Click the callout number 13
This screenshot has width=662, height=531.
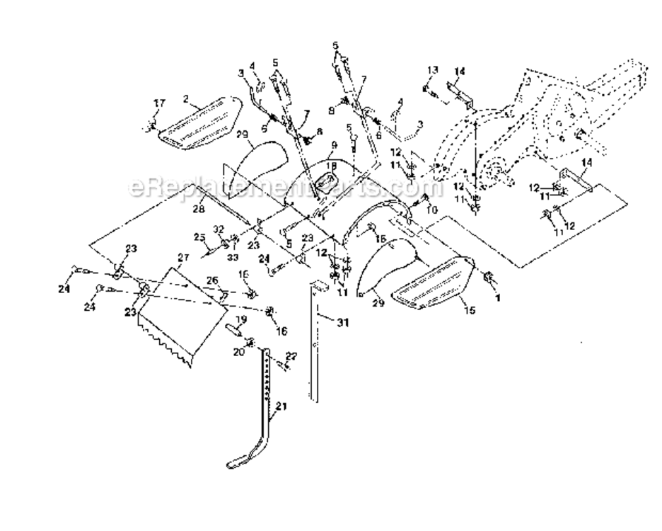pyautogui.click(x=433, y=69)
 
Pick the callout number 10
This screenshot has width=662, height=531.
pyautogui.click(x=433, y=210)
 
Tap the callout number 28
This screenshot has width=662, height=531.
pyautogui.click(x=199, y=210)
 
